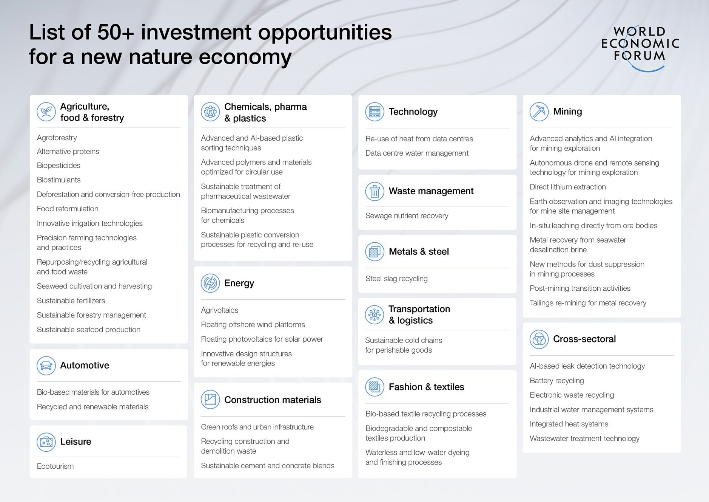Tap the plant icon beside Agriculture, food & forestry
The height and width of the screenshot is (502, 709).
[x=46, y=112]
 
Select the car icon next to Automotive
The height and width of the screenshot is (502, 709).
[x=46, y=366]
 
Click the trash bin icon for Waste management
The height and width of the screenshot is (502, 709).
[x=375, y=191]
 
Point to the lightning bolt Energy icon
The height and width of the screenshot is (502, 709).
[x=210, y=283]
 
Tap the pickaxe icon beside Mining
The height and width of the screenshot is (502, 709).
[x=539, y=112]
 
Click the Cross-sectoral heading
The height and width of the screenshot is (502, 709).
[x=584, y=339]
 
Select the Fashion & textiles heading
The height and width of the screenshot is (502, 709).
[x=426, y=387]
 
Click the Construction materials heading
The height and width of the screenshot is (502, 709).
[x=273, y=400]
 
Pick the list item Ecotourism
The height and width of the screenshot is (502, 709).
[x=55, y=466]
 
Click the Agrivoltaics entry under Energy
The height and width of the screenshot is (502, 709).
[x=219, y=310]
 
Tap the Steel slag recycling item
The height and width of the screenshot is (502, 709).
[x=396, y=279]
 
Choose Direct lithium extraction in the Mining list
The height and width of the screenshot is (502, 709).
[x=567, y=187]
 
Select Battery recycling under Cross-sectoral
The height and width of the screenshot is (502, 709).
[x=556, y=381]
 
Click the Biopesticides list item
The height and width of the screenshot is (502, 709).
[x=59, y=166]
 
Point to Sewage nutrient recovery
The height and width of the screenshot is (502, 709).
[x=407, y=215]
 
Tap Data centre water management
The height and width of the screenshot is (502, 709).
[x=417, y=153]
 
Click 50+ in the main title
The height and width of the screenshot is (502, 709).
[x=116, y=32]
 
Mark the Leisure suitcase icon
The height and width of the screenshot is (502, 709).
[x=46, y=442]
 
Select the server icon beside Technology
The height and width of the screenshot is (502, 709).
[x=375, y=112]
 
